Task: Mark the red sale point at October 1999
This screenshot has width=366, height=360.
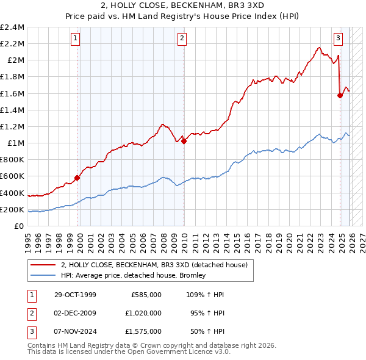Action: coord(77,178)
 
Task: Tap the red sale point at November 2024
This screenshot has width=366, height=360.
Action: coord(340,95)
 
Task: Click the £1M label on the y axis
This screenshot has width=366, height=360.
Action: coord(15,143)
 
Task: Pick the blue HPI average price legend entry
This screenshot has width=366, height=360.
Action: coord(133,275)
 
